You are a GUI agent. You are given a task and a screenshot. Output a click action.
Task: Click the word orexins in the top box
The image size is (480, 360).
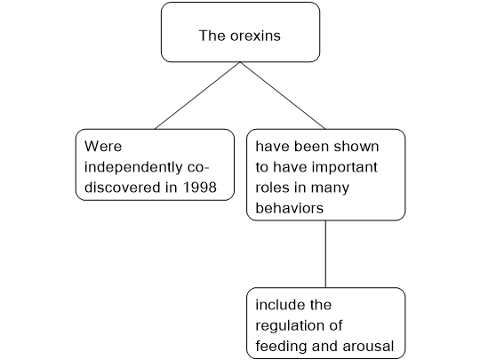(255, 36)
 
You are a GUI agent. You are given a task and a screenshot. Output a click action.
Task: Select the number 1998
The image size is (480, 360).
(200, 187)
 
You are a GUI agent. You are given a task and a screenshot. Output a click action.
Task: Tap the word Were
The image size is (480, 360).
(103, 146)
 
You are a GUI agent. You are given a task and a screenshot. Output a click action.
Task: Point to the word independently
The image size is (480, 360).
(133, 167)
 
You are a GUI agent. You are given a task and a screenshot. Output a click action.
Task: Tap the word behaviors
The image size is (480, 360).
(289, 208)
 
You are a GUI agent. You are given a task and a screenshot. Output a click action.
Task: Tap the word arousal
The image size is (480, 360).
(368, 347)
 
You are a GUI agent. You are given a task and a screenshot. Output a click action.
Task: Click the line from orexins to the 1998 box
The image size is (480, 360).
(197, 95)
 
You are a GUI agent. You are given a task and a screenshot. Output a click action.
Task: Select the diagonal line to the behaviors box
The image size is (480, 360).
(283, 95)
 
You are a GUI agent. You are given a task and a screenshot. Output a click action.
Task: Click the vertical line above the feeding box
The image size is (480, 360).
(325, 253)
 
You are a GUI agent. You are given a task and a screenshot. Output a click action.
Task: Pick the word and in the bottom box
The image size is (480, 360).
(324, 347)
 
